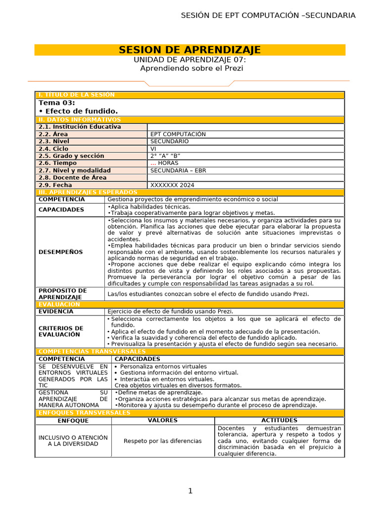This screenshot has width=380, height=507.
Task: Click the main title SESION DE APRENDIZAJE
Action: [190, 50]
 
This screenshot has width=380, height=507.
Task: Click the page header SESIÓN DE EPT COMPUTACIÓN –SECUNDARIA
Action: [268, 15]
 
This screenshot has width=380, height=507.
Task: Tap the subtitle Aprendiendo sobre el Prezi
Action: [191, 68]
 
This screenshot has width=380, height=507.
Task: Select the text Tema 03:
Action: [57, 102]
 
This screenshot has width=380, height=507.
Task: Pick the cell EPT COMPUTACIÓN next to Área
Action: [178, 134]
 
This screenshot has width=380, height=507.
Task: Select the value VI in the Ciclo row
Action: [153, 149]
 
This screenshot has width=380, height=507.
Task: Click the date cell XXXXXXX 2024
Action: [172, 185]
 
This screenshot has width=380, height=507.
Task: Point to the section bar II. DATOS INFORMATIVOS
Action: [79, 120]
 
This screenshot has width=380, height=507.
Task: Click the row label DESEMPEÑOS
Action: [60, 252]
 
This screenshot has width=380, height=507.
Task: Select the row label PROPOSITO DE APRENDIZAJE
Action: [62, 294]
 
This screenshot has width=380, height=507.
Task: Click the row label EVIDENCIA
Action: [56, 311]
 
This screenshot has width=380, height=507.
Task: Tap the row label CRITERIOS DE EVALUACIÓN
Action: [61, 331]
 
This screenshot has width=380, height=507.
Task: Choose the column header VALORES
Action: [163, 420]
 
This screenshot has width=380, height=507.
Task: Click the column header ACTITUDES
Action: [279, 420]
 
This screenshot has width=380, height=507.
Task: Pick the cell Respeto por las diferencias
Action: [163, 441]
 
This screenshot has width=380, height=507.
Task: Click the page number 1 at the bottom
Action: [190, 491]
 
